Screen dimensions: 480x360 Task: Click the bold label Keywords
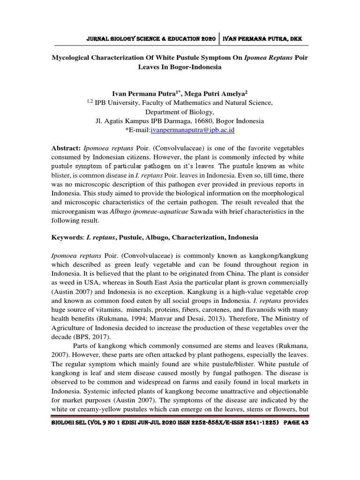(67, 237)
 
